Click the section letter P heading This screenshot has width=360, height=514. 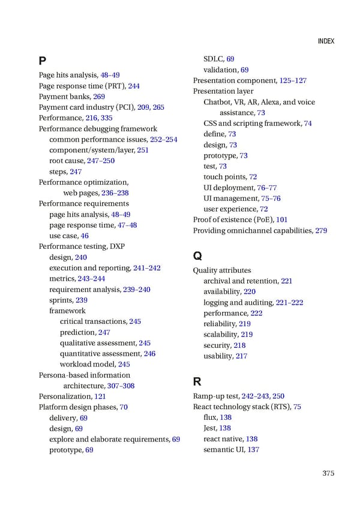pyautogui.click(x=42, y=61)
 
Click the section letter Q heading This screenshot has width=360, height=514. pyautogui.click(x=197, y=255)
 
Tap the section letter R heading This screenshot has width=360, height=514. pyautogui.click(x=197, y=381)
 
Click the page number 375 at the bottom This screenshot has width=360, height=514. pyautogui.click(x=328, y=473)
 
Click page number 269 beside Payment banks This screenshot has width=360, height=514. pyautogui.click(x=99, y=97)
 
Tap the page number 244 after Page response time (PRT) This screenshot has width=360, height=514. pyautogui.click(x=134, y=86)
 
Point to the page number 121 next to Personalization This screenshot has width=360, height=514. pyautogui.click(x=100, y=396)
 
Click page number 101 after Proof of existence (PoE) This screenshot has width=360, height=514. pyautogui.click(x=282, y=220)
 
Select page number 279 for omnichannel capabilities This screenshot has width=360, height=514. pyautogui.click(x=321, y=231)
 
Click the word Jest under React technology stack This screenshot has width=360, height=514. pyautogui.click(x=210, y=428)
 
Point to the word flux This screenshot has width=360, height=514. pyautogui.click(x=210, y=417)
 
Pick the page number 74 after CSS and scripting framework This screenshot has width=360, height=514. pyautogui.click(x=308, y=124)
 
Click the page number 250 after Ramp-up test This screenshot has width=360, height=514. pyautogui.click(x=278, y=396)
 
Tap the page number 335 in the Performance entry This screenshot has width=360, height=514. pyautogui.click(x=107, y=118)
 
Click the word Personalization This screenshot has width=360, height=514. pyautogui.click(x=65, y=396)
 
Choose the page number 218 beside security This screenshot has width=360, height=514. pyautogui.click(x=239, y=345)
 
